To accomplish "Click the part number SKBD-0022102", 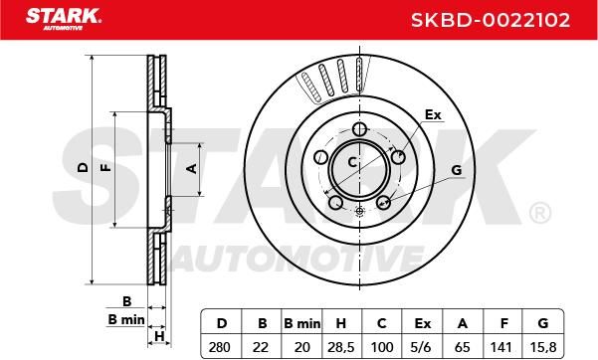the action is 491,20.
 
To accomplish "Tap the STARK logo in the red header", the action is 64,19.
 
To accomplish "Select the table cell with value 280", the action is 220,347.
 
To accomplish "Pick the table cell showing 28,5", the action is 341,347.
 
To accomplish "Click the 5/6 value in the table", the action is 422,347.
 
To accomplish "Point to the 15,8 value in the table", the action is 543,347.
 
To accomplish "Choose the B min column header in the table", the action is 302,324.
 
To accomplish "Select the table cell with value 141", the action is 501,347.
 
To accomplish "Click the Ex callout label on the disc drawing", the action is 433,114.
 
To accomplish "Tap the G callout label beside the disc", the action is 456,170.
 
